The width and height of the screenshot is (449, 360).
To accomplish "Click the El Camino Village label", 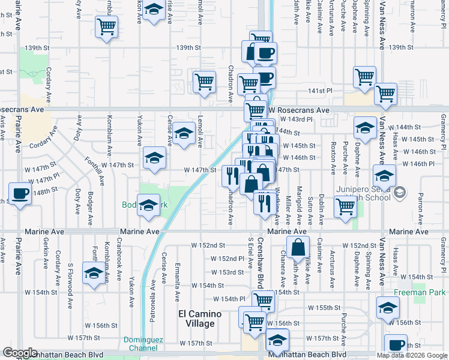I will (200, 319).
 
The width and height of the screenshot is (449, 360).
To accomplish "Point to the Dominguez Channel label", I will (143, 343).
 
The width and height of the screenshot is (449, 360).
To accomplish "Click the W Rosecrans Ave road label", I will (298, 110).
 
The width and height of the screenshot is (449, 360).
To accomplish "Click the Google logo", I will (20, 353).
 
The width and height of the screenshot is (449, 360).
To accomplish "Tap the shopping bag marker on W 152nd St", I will (298, 247).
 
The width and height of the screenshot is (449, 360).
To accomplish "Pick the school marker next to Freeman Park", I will (388, 308).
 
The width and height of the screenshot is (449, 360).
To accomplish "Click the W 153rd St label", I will (231, 272).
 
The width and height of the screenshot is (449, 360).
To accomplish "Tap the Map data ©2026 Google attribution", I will (412, 355).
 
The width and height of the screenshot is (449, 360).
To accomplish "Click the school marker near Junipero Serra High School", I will (384, 176).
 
